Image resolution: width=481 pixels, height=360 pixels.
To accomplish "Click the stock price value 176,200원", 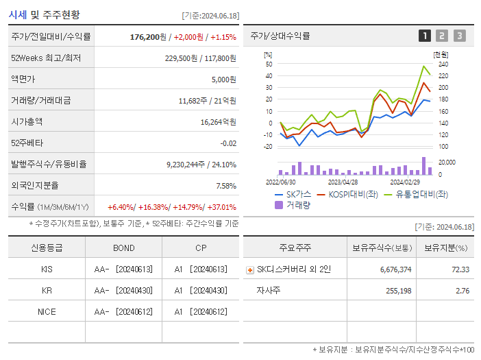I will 148,36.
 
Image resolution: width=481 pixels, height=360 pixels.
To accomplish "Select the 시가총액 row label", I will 27,121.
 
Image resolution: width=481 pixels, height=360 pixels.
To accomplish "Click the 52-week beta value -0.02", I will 228,143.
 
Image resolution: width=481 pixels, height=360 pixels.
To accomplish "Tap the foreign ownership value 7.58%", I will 225,185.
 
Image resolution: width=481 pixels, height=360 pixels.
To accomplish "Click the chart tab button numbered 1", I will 425,36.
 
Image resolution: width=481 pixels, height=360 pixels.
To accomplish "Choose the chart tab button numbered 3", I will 459,36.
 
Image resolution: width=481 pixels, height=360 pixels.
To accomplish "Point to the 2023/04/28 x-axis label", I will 343,182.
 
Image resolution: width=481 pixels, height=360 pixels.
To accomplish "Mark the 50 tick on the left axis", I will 269,64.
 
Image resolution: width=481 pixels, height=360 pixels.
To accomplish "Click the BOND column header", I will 123,248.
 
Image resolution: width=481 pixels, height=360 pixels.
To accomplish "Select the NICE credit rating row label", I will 47,311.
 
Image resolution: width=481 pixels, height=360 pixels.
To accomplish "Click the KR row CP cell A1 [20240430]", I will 200,290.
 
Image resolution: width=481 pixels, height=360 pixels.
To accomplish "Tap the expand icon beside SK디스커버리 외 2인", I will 249,269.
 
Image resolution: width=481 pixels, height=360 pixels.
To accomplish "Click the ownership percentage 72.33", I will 460,269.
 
